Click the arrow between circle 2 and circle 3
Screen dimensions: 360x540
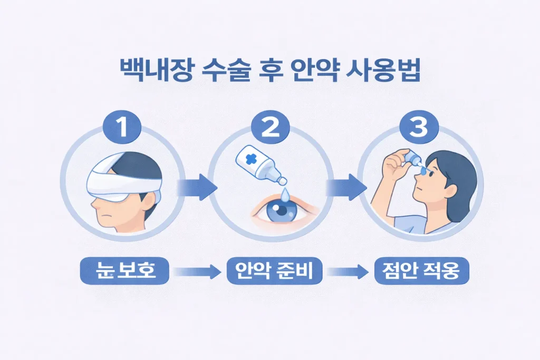(345, 187)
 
